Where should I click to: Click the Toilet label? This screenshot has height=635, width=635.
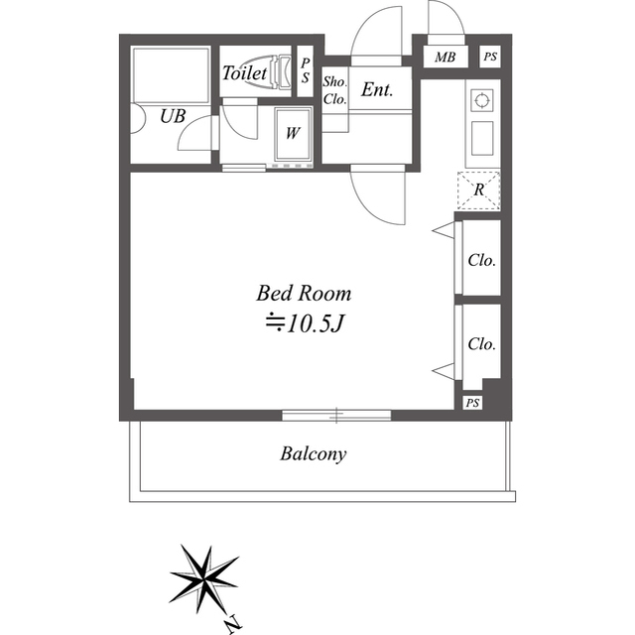[x=244, y=73]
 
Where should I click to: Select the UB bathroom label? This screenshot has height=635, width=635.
[x=173, y=117]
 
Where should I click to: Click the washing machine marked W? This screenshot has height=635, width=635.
[x=294, y=134]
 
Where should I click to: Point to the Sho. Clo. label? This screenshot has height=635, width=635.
[x=335, y=90]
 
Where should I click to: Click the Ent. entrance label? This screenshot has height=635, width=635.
[x=377, y=89]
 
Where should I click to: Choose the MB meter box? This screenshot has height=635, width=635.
[x=445, y=58]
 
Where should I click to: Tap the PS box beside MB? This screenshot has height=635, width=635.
[x=490, y=57]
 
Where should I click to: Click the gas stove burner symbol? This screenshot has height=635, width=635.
[x=482, y=100]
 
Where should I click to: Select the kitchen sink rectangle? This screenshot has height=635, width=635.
[x=482, y=138]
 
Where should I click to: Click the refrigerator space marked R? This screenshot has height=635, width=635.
[x=478, y=190]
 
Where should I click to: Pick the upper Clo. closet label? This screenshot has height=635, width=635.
[x=481, y=260]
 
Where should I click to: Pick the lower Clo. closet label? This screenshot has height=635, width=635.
[x=481, y=344]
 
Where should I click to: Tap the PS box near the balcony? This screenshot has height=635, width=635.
[x=472, y=403]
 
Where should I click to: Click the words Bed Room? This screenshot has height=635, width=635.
[x=304, y=294]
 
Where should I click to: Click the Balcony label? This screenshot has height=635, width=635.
[x=314, y=454]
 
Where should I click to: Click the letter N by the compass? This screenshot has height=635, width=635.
[x=234, y=625]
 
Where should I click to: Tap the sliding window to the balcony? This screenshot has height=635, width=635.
[x=336, y=415]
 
